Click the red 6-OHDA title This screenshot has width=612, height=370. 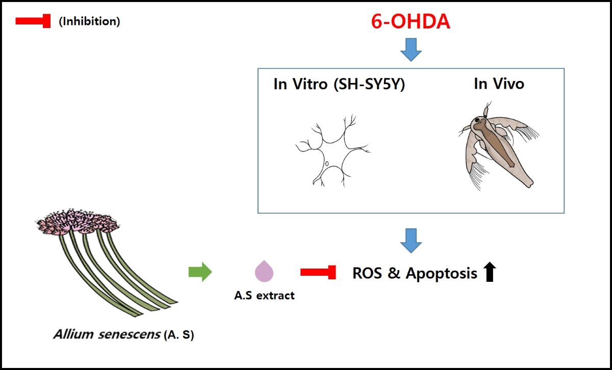[x=411, y=22]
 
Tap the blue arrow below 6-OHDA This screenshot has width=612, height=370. [x=411, y=50]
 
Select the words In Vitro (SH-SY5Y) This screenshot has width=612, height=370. [x=339, y=84]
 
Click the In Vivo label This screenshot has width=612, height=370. [x=499, y=84]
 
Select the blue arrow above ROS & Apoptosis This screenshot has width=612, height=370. [x=411, y=240]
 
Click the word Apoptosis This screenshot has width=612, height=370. [x=442, y=274]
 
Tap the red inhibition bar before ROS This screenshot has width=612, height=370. [x=318, y=273]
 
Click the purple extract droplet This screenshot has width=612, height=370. [x=264, y=271]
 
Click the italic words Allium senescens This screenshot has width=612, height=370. [x=106, y=335]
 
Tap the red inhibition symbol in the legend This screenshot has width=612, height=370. [x=33, y=21]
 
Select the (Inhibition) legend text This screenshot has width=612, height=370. [x=89, y=22]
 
